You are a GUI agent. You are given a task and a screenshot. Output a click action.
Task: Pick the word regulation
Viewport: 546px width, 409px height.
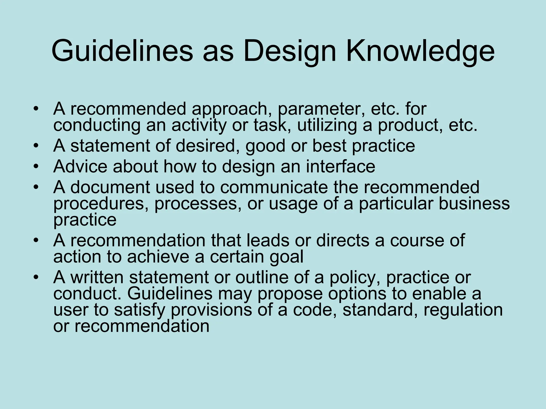[x=463, y=310]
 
